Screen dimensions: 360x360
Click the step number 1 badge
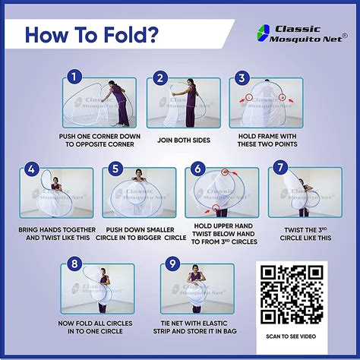(x=74, y=77)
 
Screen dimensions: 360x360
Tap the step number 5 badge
(x=115, y=169)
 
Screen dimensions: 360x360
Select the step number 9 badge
(x=172, y=264)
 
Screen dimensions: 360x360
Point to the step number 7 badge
(x=280, y=167)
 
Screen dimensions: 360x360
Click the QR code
(x=292, y=295)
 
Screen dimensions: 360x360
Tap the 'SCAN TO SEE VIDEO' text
(x=291, y=336)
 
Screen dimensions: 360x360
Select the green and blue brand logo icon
(x=263, y=33)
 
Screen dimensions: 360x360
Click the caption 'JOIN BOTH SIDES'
(x=184, y=141)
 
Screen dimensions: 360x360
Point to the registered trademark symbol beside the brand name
(x=345, y=36)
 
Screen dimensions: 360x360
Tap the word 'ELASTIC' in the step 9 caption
(x=213, y=324)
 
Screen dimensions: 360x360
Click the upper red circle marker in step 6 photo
(x=225, y=172)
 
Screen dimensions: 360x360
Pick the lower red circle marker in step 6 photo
(x=216, y=207)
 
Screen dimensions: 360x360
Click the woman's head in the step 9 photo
(x=194, y=268)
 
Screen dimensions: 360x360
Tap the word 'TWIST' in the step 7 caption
(x=293, y=230)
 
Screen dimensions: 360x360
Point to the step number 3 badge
(x=242, y=78)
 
